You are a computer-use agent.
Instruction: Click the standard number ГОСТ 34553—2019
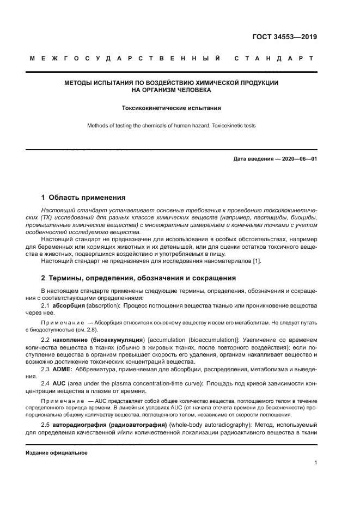(285, 38)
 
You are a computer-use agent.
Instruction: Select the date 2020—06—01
(299, 159)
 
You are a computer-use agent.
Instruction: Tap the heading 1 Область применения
(83, 198)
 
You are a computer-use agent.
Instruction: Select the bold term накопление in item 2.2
(74, 339)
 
